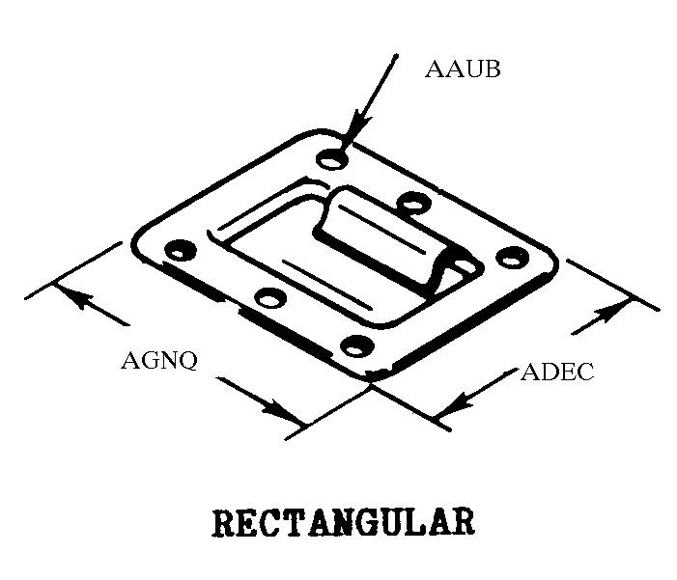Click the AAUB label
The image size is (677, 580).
tap(463, 70)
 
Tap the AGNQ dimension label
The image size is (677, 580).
tap(159, 361)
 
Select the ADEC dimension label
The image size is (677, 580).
tap(557, 373)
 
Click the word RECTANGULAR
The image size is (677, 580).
tap(343, 522)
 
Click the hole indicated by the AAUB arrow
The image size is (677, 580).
tap(330, 158)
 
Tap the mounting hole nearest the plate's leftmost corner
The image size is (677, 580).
tap(179, 251)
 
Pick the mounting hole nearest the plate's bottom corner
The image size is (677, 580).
tap(357, 345)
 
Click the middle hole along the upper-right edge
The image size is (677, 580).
tap(413, 203)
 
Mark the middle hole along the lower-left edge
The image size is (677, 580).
tap(269, 297)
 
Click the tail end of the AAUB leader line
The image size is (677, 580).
tap(395, 57)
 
